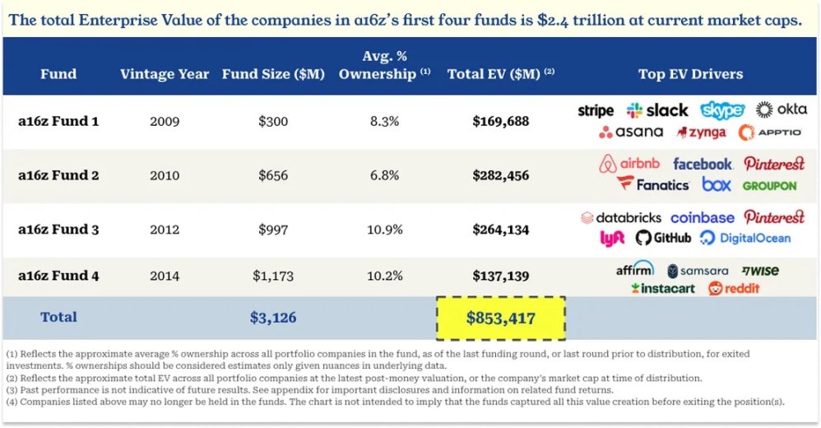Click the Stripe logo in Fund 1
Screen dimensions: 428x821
click(x=596, y=110)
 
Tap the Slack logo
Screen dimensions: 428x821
click(x=657, y=110)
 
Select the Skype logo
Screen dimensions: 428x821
click(x=722, y=110)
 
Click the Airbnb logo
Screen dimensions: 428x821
click(x=629, y=164)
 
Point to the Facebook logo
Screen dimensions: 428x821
click(x=702, y=164)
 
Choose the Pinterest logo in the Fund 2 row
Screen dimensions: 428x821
click(x=774, y=164)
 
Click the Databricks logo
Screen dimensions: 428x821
click(x=621, y=218)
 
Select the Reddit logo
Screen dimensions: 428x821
click(x=734, y=288)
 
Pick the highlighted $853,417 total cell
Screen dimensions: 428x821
click(x=500, y=318)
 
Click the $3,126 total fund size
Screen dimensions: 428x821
click(x=273, y=318)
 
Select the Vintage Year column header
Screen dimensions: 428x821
click(x=165, y=74)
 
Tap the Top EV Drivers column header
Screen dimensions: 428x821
click(x=690, y=74)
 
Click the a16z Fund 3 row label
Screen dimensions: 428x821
click(x=58, y=229)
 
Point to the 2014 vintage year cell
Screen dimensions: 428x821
click(x=165, y=277)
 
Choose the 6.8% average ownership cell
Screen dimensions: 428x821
click(x=383, y=175)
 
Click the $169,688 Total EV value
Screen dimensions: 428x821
click(x=500, y=121)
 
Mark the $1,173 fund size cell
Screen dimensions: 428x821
click(x=273, y=277)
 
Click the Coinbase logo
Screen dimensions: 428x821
click(x=702, y=218)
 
